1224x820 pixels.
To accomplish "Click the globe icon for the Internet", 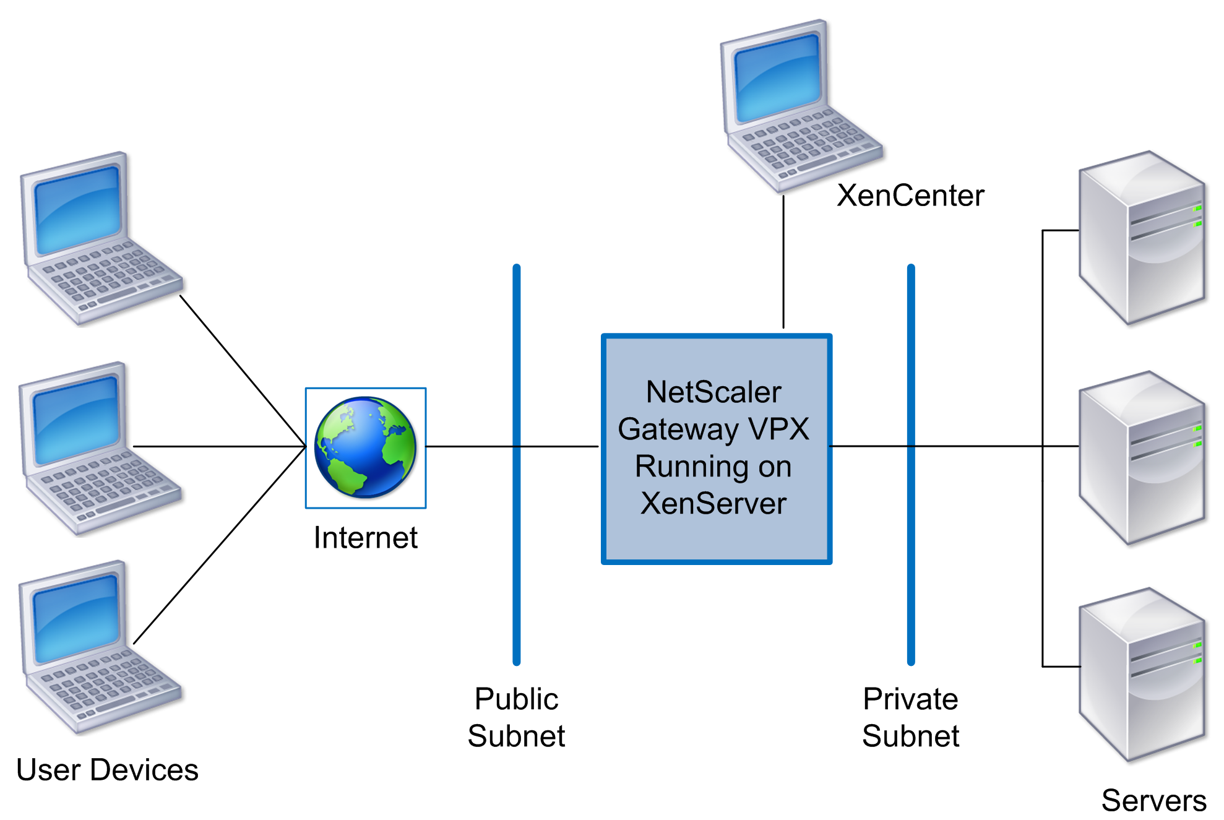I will [x=365, y=447].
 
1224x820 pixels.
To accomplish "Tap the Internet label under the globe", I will [x=365, y=537].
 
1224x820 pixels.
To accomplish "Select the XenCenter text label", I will [x=910, y=196].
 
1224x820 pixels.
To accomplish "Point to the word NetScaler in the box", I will [x=713, y=392].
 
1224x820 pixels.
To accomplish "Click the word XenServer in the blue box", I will [x=713, y=503].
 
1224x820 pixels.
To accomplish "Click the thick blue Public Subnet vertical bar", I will [x=516, y=557].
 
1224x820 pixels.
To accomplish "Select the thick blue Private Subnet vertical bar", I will [x=910, y=557].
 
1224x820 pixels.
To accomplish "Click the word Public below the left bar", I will [x=516, y=699].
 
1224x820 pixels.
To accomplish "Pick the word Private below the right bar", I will [x=910, y=699].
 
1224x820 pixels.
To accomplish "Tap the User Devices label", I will [x=107, y=770].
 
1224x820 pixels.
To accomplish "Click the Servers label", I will [x=1153, y=800].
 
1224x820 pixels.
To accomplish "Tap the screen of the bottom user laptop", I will [x=76, y=619].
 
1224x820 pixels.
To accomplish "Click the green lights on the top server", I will [x=1197, y=215].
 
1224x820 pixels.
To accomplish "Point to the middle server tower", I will [x=1142, y=458].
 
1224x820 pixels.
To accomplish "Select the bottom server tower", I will [x=1142, y=675].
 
